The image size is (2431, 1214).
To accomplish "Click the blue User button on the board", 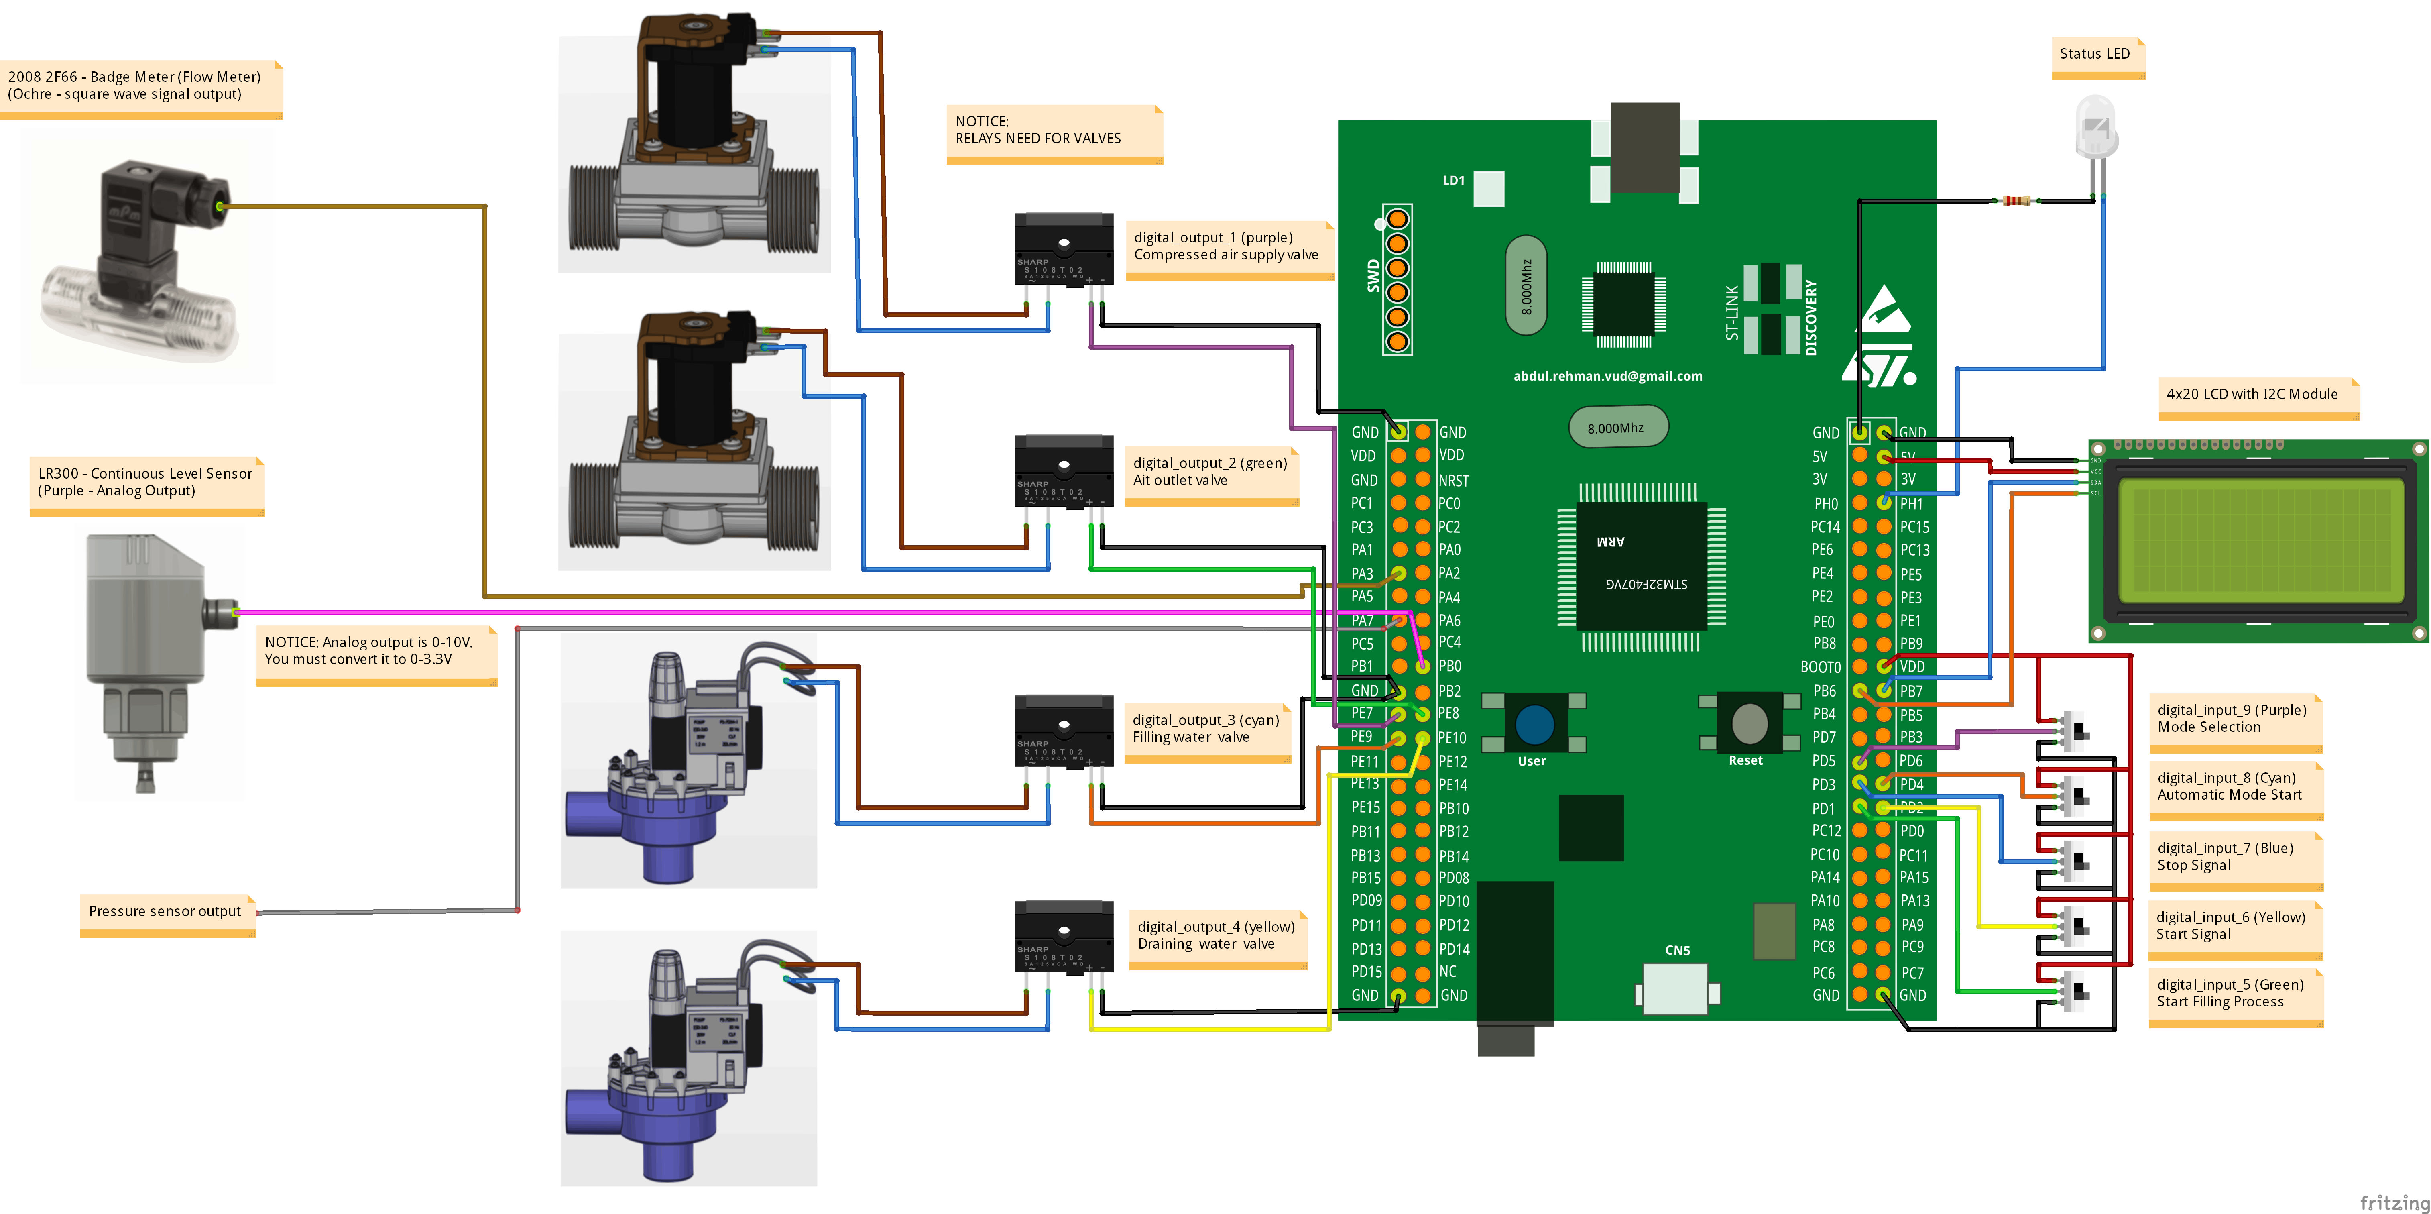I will pos(1534,724).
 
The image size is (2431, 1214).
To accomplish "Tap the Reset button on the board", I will pos(1749,724).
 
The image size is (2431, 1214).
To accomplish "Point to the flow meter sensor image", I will pos(142,260).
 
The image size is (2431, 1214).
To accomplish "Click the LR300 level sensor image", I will pos(151,661).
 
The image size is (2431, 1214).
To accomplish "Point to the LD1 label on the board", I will pos(1453,180).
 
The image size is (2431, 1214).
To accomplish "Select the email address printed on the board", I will pos(1607,376).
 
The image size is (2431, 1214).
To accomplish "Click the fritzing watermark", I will pos(2393,1202).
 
